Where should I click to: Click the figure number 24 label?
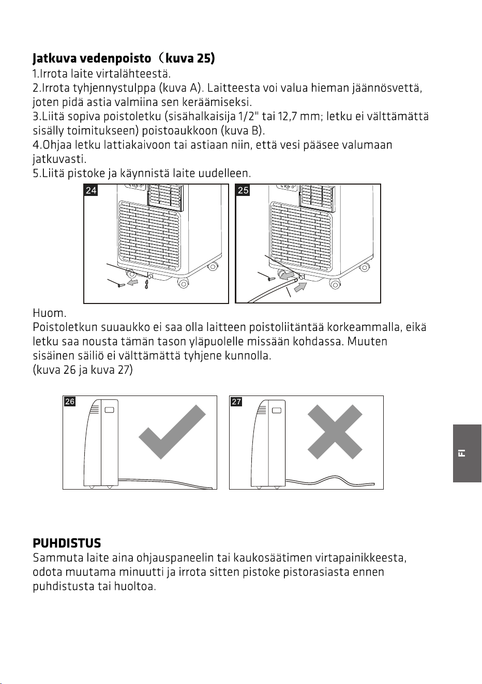click(x=91, y=190)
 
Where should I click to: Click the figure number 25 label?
click(x=243, y=190)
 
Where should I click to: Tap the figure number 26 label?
click(x=70, y=401)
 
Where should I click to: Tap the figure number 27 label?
click(x=236, y=401)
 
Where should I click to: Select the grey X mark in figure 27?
click(x=335, y=432)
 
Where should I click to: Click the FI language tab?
click(x=467, y=453)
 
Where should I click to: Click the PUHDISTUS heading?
click(x=67, y=543)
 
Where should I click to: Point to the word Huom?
click(x=49, y=313)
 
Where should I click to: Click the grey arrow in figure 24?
click(x=132, y=282)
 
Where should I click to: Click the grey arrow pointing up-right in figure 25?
click(x=300, y=287)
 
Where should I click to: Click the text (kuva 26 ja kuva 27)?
click(x=83, y=370)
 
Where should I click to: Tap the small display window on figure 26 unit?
click(x=109, y=410)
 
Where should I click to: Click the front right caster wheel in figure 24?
click(x=183, y=284)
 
